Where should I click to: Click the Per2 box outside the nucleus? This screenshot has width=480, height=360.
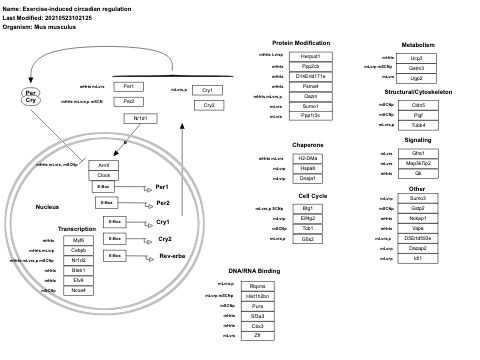coord(129,101)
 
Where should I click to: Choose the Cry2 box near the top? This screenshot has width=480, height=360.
coord(208,105)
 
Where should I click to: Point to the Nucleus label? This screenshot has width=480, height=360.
coord(47,207)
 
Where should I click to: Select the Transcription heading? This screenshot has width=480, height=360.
coord(77,228)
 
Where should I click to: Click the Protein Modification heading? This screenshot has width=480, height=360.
coord(301,43)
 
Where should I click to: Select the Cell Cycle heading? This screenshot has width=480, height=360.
coord(313,195)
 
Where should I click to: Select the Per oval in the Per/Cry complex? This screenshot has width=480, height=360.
coord(31,92)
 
